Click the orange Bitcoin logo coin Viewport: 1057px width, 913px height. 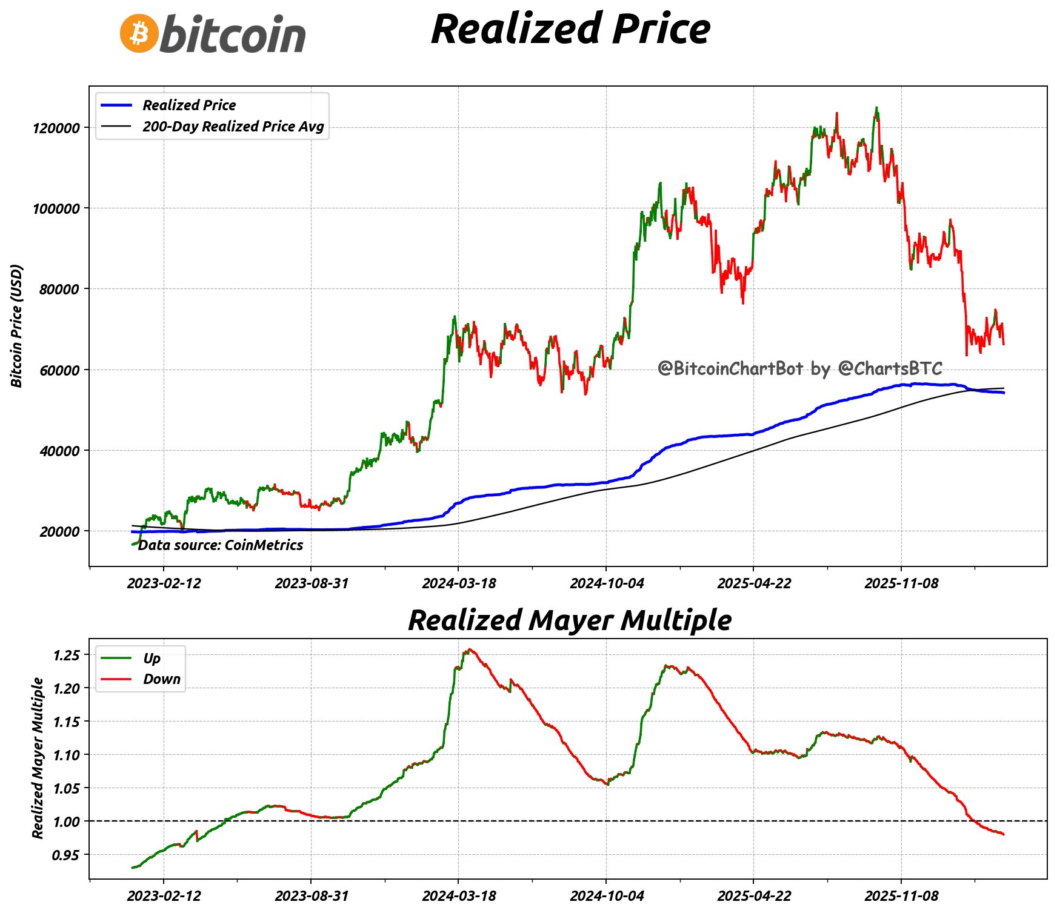click(x=139, y=33)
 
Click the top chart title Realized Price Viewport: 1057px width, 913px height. click(x=570, y=29)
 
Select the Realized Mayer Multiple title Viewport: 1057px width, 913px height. click(x=570, y=620)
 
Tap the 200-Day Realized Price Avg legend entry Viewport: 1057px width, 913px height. click(x=233, y=127)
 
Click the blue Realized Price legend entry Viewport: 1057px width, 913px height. click(x=189, y=105)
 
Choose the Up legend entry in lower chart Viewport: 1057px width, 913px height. click(x=152, y=659)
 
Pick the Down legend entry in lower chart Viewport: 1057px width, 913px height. click(x=161, y=679)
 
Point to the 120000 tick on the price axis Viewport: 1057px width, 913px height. click(x=56, y=128)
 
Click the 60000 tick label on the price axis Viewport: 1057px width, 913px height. click(x=59, y=370)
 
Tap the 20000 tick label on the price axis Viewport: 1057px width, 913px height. click(x=59, y=532)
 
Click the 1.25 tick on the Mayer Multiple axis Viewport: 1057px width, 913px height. click(x=66, y=655)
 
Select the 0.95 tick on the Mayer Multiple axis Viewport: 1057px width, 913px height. click(x=66, y=855)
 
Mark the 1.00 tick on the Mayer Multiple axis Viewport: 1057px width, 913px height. click(x=66, y=822)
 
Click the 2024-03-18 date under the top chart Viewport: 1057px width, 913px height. click(x=459, y=583)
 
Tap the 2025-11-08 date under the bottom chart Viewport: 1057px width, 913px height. click(x=901, y=896)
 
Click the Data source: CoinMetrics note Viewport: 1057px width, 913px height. click(x=221, y=545)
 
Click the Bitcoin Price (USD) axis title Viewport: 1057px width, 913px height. click(x=17, y=326)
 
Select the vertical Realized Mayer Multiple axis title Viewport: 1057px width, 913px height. click(x=38, y=758)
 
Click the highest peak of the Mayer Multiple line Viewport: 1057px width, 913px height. click(x=470, y=649)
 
